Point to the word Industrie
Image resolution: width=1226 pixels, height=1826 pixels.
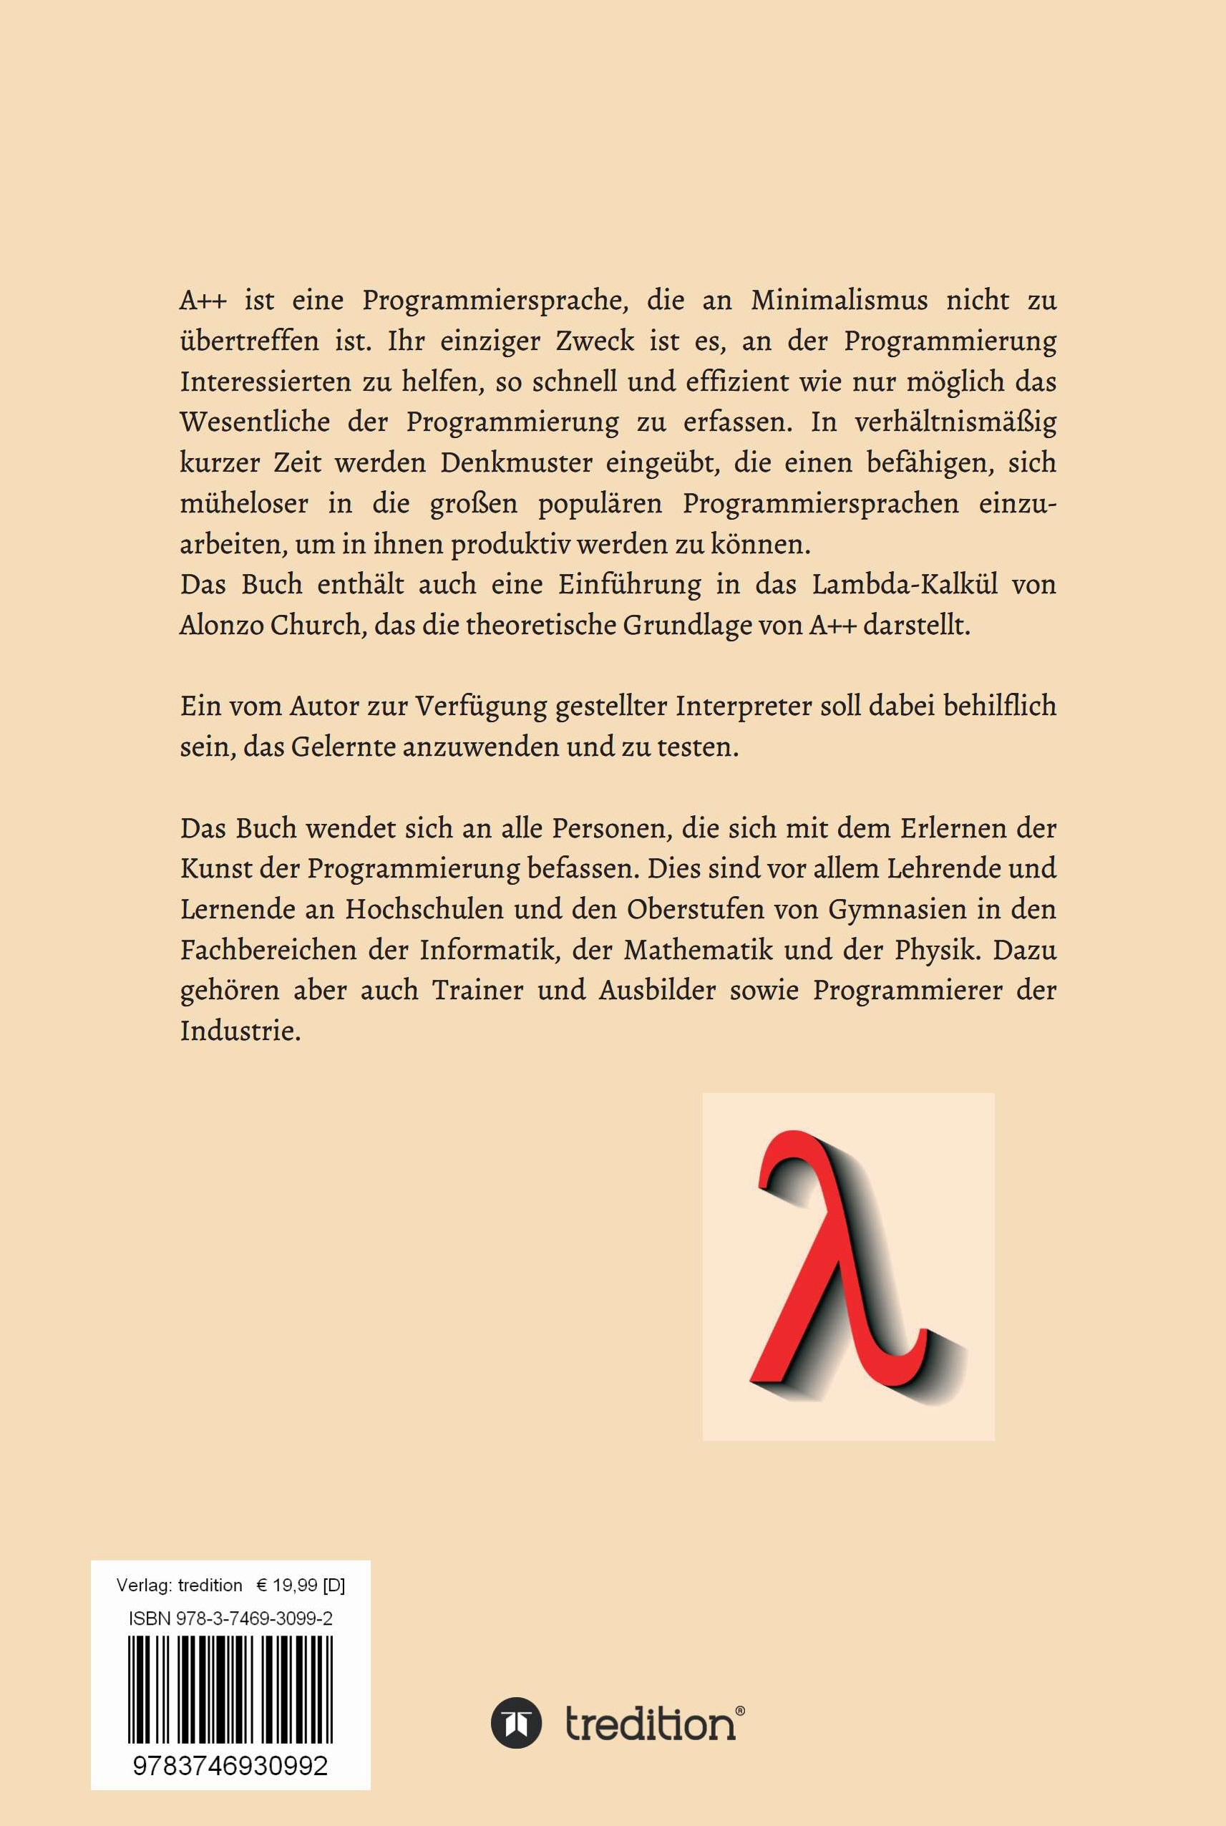point(239,1032)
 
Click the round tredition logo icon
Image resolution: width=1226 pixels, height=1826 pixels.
point(517,1723)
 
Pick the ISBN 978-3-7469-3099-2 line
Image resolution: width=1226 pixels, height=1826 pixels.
point(230,1618)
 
